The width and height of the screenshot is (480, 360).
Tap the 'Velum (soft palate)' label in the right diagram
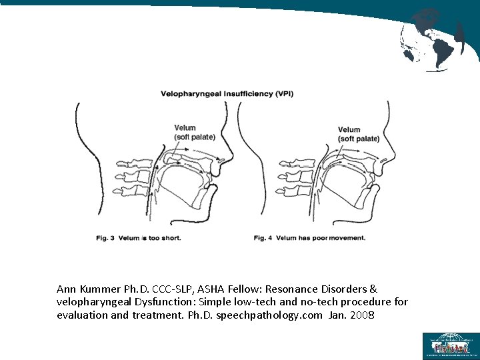click(358, 134)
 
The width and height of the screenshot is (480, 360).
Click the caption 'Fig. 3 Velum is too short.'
click(138, 237)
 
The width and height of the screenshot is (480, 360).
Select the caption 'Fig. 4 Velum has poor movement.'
click(310, 238)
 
